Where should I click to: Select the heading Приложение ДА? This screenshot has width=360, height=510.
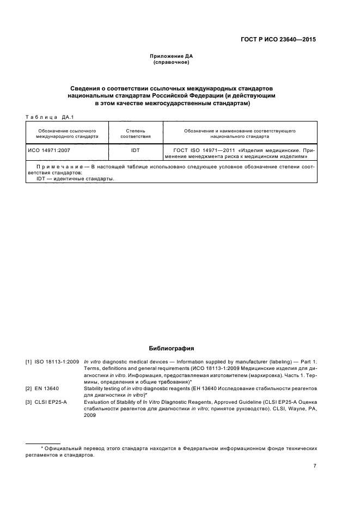tap(171, 56)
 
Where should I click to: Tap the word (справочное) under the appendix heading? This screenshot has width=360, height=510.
tap(171, 62)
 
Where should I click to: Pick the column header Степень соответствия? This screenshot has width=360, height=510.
tap(135, 134)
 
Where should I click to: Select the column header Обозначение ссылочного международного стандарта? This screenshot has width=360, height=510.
tap(67, 134)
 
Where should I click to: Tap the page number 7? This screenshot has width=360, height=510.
tap(314, 466)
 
